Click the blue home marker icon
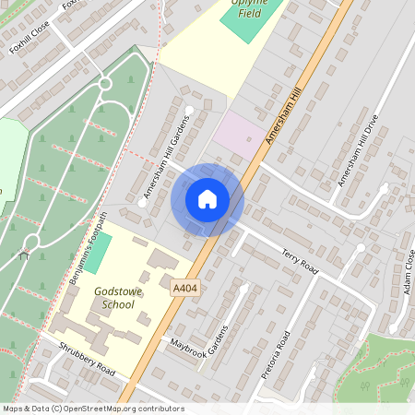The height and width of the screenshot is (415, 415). (207, 199)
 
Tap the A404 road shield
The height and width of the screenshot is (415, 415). (185, 290)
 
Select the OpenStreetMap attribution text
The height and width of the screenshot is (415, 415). (93, 409)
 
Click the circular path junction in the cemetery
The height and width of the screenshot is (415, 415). (104, 84)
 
